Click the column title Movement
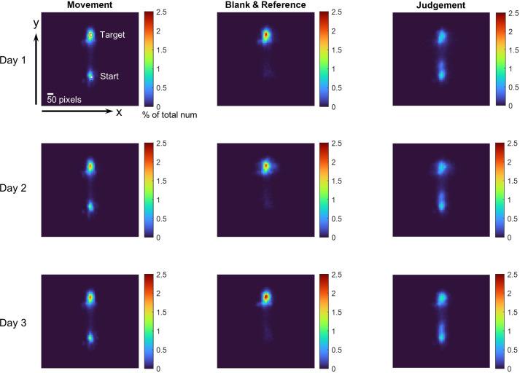tap(89, 5)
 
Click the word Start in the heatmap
tap(111, 76)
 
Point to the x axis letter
tap(118, 112)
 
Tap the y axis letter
tap(35, 23)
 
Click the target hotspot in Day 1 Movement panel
tap(91, 34)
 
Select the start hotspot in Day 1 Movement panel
tap(91, 75)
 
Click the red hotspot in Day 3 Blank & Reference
tap(266, 297)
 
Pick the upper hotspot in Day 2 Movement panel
tap(91, 167)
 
